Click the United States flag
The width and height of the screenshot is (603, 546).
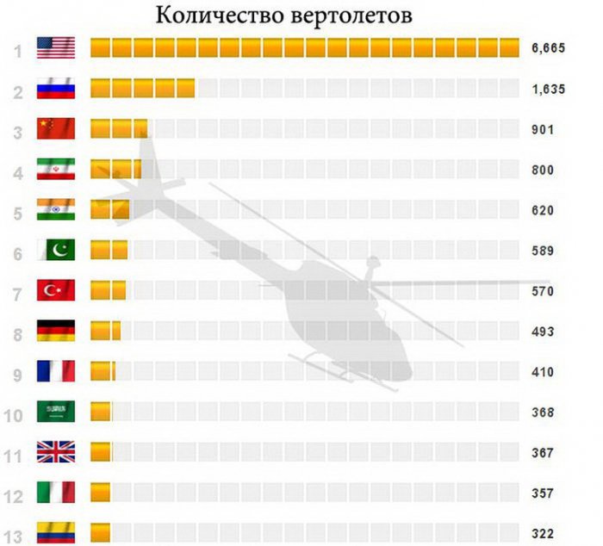56,48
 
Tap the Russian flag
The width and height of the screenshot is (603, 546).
56,89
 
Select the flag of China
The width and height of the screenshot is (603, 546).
56,129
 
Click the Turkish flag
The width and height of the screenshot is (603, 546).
56,290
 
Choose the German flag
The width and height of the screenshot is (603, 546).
56,331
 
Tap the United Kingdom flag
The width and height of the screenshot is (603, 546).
56,452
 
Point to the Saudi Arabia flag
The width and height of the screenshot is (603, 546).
56,412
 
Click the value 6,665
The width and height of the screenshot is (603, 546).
548,49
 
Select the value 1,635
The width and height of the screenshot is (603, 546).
548,90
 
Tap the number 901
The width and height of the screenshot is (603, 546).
543,130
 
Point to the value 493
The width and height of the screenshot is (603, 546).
543,332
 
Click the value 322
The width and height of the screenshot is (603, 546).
543,533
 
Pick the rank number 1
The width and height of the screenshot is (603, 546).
17,50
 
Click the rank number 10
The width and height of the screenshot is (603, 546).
13,415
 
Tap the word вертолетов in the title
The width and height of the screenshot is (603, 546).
351,16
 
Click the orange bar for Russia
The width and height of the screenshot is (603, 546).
142,89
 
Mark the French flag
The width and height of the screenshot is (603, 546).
56,371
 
